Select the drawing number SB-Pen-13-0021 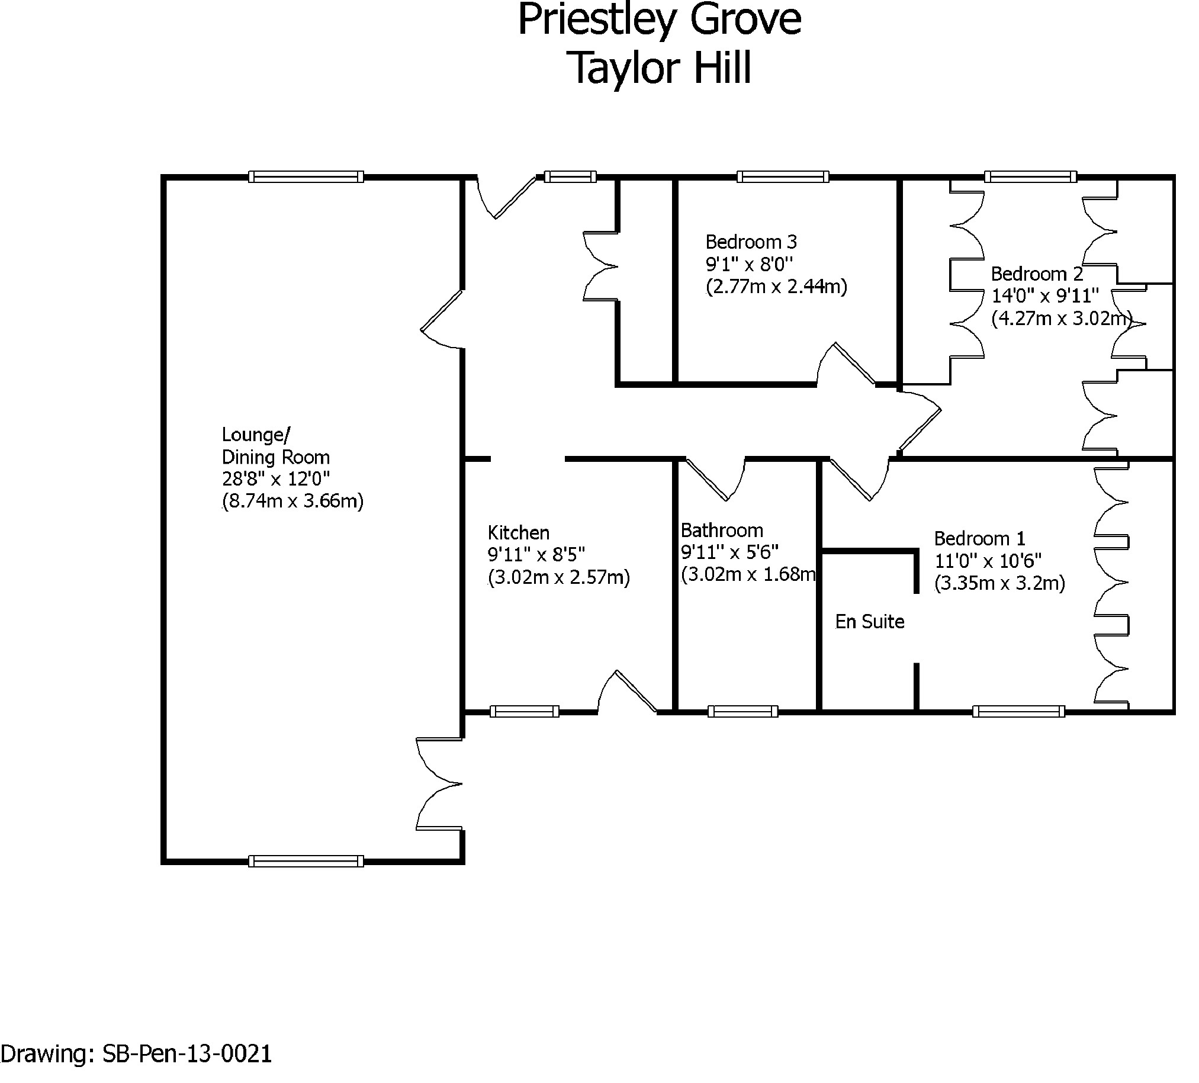187,1053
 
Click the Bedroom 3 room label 751,242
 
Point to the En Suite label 869,622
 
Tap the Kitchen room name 518,532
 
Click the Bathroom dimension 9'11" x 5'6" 729,552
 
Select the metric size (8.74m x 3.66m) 292,501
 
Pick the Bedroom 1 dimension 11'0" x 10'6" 987,561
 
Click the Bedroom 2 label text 1037,274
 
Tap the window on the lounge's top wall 306,176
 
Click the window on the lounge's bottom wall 306,861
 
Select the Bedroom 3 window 782,176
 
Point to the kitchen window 524,711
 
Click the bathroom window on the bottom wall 742,711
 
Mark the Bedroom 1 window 1018,711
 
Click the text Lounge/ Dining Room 275,446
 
